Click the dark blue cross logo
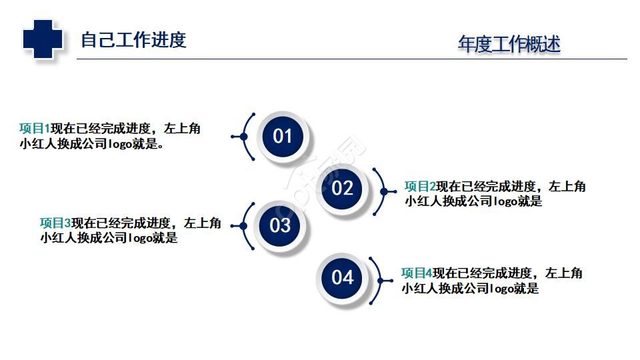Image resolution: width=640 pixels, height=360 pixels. click(43, 39)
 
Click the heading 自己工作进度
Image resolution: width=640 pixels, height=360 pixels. click(133, 40)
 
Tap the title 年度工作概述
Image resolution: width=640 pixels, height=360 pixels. click(509, 44)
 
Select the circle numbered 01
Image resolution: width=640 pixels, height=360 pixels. click(283, 136)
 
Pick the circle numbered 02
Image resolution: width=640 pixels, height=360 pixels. click(342, 188)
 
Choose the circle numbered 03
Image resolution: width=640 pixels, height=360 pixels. click(280, 225)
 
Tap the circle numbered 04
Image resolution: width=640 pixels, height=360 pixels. click(342, 277)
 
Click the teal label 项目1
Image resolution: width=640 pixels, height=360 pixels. click(35, 129)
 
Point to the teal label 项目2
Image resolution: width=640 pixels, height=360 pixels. click(420, 187)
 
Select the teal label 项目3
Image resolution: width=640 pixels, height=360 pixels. click(55, 223)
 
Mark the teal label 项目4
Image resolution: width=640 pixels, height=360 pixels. click(417, 273)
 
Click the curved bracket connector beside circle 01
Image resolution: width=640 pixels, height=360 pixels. click(244, 137)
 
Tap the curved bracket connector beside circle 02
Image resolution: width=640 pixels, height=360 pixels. click(383, 191)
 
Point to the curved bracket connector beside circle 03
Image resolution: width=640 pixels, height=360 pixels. click(244, 226)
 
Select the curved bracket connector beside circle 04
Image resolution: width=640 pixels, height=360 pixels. click(380, 281)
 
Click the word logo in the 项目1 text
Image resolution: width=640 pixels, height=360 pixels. click(120, 145)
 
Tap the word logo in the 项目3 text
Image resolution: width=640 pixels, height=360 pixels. click(141, 238)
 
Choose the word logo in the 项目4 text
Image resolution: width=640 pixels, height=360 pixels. click(502, 289)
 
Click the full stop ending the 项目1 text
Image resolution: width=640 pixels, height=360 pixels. click(161, 146)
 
